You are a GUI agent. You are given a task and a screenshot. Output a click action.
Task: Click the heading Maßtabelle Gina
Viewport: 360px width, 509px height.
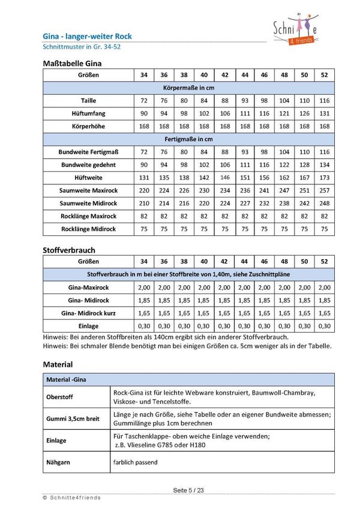(72, 63)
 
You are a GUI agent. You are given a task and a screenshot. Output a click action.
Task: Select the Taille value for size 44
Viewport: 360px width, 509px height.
(245, 100)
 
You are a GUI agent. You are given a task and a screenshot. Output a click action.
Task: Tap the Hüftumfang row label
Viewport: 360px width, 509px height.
(89, 113)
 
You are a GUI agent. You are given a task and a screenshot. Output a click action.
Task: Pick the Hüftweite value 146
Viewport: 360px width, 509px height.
(225, 178)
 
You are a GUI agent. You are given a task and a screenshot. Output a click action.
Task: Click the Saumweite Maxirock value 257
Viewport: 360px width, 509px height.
(325, 190)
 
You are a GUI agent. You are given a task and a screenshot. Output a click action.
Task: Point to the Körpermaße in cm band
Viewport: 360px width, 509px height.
(188, 88)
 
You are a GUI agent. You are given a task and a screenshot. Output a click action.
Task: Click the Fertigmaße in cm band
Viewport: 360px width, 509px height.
(188, 139)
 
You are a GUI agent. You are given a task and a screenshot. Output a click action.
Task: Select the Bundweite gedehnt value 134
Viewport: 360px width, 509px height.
(325, 164)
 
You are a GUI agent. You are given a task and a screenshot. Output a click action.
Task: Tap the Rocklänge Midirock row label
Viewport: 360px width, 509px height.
(89, 229)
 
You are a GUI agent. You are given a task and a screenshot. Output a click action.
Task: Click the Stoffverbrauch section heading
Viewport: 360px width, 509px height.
(69, 249)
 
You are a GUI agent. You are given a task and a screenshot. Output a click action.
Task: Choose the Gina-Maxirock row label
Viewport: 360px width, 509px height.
(89, 288)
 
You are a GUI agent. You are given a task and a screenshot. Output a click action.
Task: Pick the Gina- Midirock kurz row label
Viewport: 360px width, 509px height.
(89, 313)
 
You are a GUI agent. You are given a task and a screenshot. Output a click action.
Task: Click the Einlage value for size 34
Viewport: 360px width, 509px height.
(144, 326)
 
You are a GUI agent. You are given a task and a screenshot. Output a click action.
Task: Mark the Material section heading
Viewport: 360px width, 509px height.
(58, 364)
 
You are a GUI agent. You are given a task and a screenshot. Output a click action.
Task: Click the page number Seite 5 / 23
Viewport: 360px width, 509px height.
(188, 490)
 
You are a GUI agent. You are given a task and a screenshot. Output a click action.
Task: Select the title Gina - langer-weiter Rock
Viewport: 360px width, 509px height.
(88, 37)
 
